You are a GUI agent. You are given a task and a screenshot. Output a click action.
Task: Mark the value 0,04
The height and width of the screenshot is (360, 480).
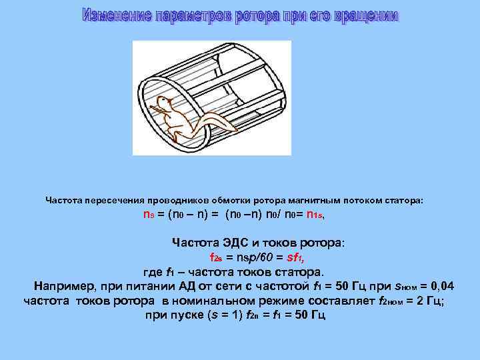point(440,287)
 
